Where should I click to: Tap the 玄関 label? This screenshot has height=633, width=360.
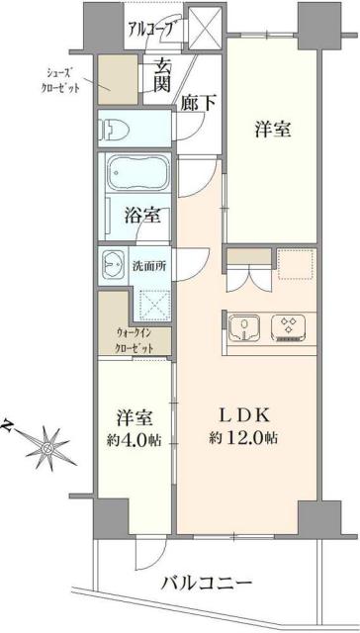pos(161,77)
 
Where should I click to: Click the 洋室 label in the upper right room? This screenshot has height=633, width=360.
pos(274,130)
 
